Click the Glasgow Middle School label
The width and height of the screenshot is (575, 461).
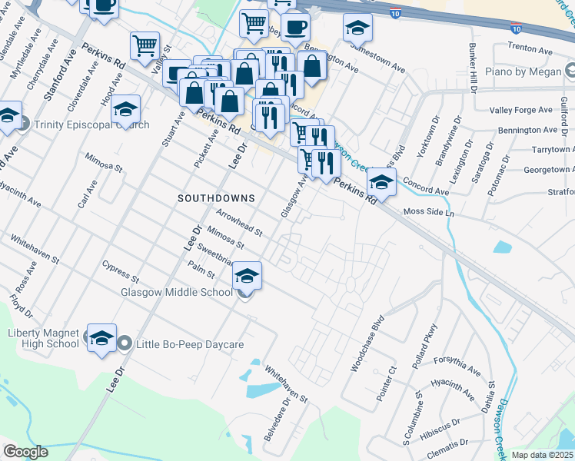tap(176, 292)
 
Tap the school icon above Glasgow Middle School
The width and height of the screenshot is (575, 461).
tap(247, 276)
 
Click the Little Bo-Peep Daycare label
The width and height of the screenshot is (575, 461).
tap(190, 344)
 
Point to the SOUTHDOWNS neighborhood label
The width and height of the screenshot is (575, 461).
tap(216, 198)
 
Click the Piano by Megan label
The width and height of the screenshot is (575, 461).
tap(526, 72)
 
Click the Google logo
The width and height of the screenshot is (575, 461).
tap(25, 452)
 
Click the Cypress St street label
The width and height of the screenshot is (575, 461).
tap(120, 270)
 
